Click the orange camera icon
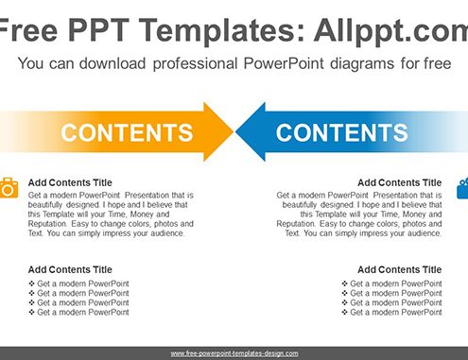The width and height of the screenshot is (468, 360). click(x=9, y=188)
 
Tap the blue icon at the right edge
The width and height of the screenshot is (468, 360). click(x=462, y=188)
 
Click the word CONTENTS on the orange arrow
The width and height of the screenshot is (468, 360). click(x=127, y=132)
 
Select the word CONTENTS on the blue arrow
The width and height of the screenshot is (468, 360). click(x=341, y=132)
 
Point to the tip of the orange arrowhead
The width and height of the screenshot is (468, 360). click(x=234, y=131)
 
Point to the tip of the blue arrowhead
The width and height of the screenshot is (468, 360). click(x=235, y=131)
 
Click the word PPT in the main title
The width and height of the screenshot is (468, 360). click(x=98, y=30)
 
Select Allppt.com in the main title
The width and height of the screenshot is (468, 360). click(x=391, y=31)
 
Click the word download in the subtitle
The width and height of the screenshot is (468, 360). click(x=113, y=63)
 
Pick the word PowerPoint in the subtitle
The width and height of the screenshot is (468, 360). click(x=284, y=63)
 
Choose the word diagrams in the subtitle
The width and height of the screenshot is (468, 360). click(x=362, y=63)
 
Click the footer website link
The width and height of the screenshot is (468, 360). click(x=234, y=353)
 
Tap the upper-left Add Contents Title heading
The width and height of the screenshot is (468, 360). click(x=70, y=182)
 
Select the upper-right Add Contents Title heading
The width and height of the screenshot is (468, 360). click(x=400, y=182)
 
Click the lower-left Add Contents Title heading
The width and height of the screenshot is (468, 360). click(x=70, y=269)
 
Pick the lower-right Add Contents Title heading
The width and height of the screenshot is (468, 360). click(x=400, y=269)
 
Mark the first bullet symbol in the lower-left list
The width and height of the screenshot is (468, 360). click(x=31, y=283)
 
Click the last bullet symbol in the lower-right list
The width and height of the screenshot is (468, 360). click(x=344, y=312)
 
